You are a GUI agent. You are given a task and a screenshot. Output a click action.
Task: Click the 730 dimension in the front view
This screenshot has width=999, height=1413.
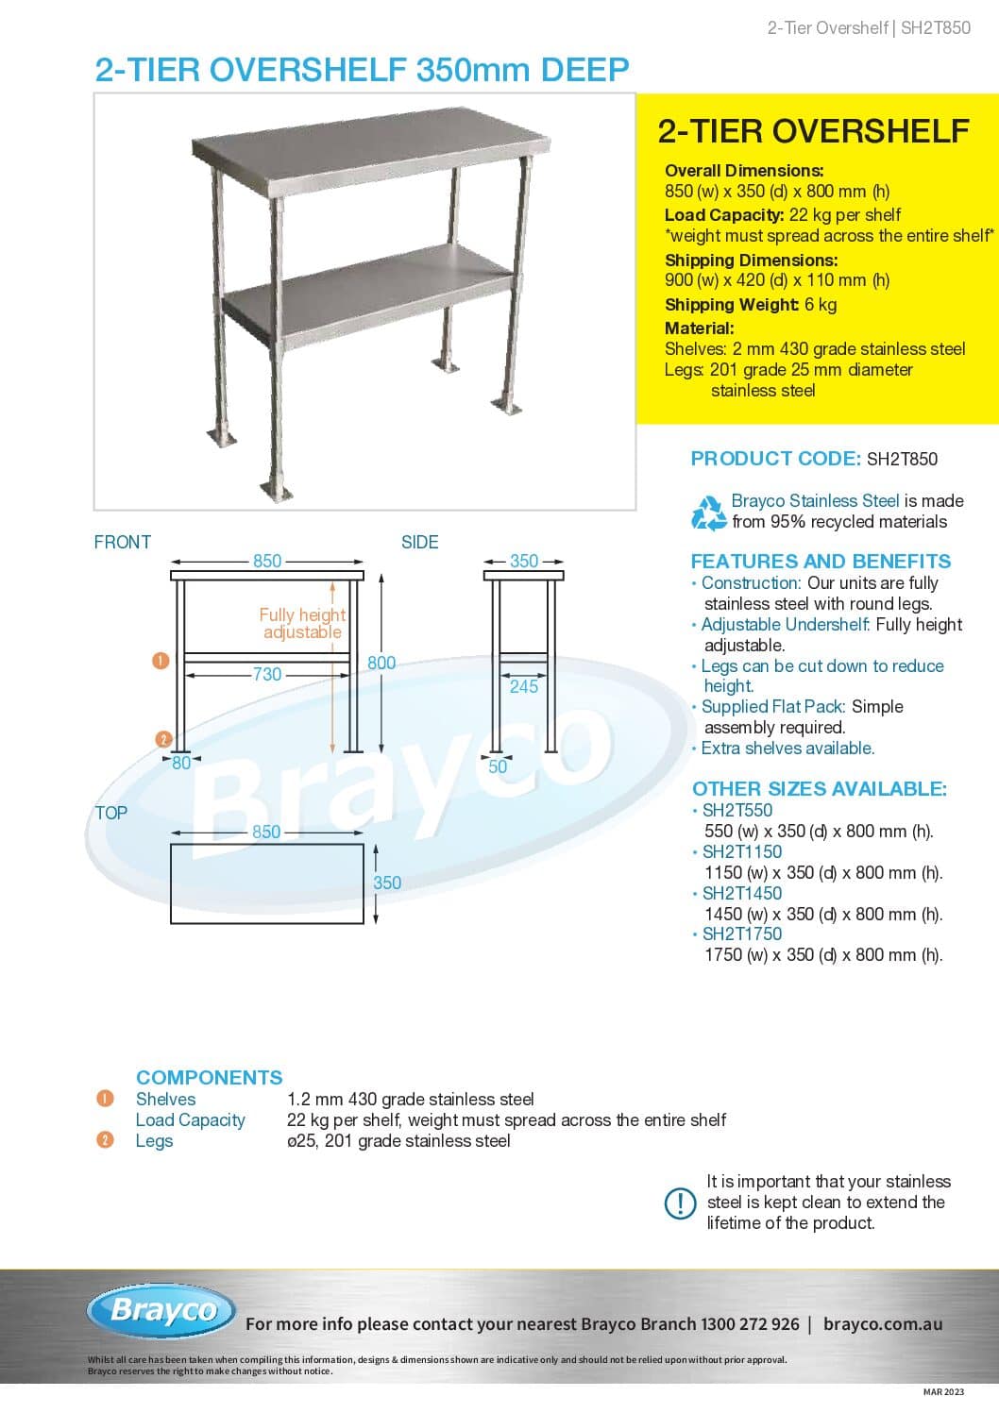coord(266,674)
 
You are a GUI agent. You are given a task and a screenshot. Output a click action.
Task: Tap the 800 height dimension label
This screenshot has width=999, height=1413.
coord(381,663)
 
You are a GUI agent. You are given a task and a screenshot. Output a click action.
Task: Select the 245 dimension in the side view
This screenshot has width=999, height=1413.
coord(524,686)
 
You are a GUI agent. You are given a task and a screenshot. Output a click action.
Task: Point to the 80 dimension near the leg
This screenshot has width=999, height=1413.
coord(181,763)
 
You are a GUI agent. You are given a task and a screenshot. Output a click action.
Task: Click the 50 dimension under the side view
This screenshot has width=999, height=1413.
coord(498,766)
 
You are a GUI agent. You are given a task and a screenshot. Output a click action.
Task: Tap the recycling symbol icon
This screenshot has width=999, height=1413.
coord(708,513)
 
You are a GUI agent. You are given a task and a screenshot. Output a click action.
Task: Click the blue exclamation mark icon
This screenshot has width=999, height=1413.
coord(681,1203)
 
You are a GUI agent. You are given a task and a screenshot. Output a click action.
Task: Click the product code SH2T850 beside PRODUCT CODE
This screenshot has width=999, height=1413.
coord(902,460)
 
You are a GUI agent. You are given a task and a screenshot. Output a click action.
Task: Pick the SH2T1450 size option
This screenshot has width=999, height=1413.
coord(741,893)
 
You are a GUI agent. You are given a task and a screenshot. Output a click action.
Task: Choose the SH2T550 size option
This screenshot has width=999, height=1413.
coord(737,810)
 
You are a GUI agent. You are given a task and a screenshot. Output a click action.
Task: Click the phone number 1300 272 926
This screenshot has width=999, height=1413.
coord(750,1324)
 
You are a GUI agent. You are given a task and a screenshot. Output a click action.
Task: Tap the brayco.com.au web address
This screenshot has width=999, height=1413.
coord(882,1324)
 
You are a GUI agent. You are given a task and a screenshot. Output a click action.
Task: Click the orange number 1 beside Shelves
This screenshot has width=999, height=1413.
coord(105,1099)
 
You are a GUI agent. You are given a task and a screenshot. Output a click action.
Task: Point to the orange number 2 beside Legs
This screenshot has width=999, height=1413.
coord(105,1140)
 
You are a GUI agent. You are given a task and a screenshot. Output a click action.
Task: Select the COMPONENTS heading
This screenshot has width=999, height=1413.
coord(209,1077)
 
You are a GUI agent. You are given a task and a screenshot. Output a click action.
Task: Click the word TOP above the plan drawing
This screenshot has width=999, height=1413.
coord(110,813)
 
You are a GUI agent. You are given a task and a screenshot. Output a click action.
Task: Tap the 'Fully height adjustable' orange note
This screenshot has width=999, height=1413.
coord(302,623)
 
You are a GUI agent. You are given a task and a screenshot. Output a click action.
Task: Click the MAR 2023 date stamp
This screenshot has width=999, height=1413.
coord(943,1391)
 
